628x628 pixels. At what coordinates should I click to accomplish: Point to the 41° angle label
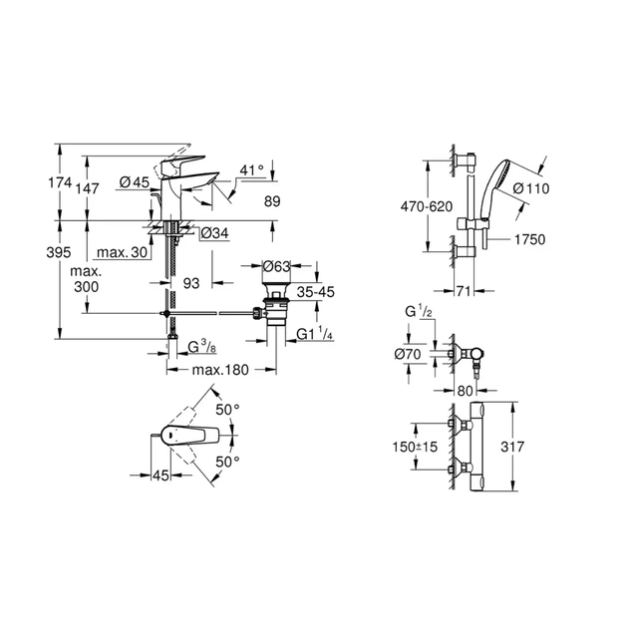252,170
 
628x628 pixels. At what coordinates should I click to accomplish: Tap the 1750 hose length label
529,240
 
